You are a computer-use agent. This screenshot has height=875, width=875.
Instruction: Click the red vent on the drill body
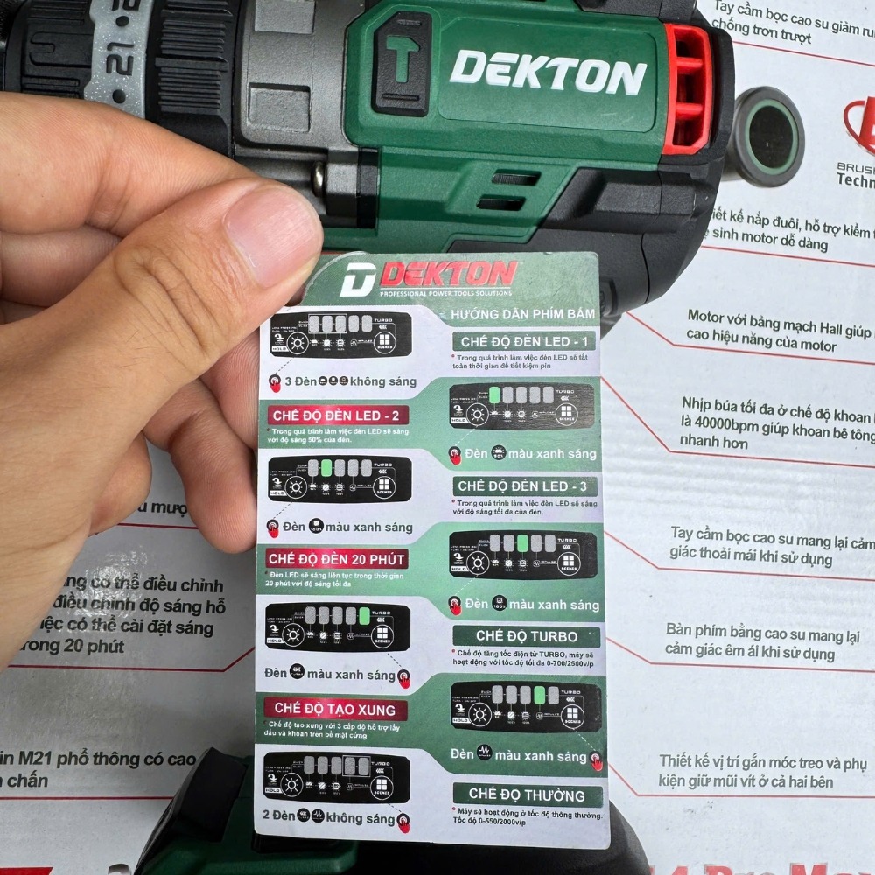[688, 88]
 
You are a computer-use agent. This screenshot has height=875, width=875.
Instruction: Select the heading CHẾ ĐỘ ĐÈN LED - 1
[523, 341]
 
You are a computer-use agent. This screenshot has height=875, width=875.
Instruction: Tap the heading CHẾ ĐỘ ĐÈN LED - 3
[523, 486]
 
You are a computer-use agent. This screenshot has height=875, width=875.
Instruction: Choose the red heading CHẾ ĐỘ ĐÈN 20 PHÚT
[337, 558]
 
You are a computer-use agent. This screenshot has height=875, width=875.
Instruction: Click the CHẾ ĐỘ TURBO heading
[526, 635]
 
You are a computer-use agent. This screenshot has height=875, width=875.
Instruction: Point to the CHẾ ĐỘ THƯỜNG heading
[527, 794]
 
